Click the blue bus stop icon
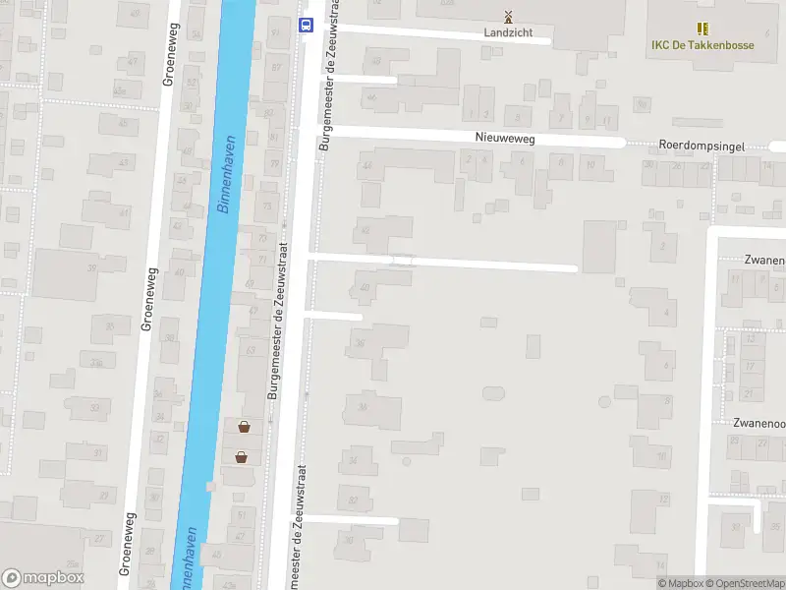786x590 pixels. tap(307, 26)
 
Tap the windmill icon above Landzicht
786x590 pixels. tap(508, 16)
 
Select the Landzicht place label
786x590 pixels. tap(508, 32)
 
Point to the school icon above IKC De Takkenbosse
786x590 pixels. tap(702, 29)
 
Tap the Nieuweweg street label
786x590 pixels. tap(505, 140)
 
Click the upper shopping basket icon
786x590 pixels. tap(243, 427)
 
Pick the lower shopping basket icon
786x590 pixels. tap(241, 456)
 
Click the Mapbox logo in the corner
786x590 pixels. tap(42, 578)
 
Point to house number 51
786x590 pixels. tap(242, 515)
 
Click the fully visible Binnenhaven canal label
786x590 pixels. tap(225, 174)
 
